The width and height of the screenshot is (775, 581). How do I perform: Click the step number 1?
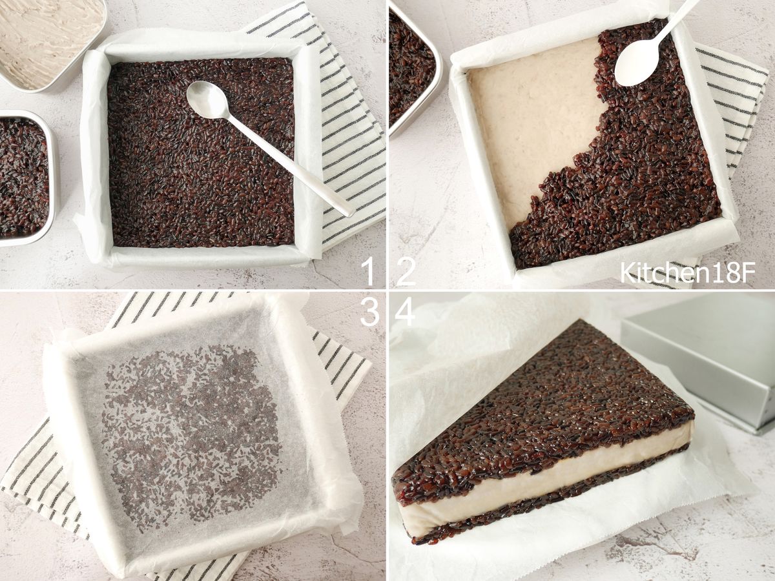pyautogui.click(x=368, y=271)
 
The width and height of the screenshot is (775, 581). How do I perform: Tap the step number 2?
pyautogui.click(x=406, y=271)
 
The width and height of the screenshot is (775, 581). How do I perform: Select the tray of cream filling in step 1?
pyautogui.click(x=50, y=43)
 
